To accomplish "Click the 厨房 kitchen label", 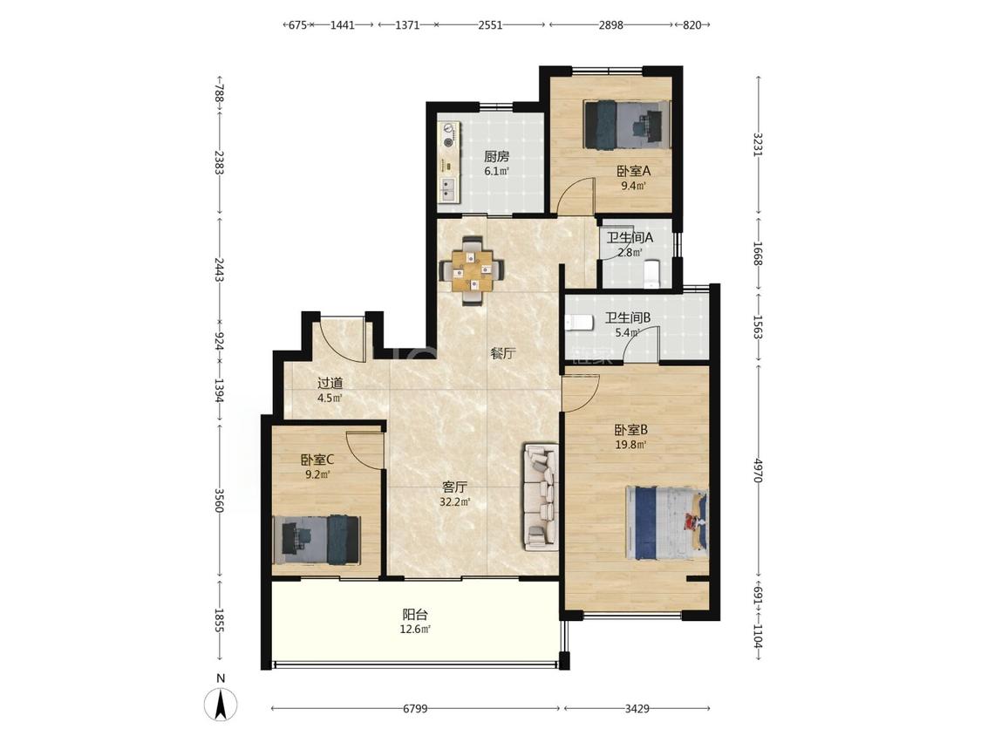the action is point(497,156).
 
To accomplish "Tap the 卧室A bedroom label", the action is point(634,171).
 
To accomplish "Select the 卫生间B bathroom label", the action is point(628,318).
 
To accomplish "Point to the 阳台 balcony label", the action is point(415,615).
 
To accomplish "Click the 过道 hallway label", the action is point(330,383).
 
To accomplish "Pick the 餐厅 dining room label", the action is point(502,353).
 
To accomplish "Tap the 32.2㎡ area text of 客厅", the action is point(455,502).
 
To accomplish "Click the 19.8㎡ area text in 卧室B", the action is point(630,445).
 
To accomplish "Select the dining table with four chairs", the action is point(473,270).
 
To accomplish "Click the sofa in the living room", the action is point(542,498).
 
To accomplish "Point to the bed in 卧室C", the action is point(317,540).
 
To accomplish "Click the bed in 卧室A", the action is point(627,126).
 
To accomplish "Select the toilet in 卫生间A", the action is point(652,273).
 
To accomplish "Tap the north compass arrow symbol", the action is point(221,705).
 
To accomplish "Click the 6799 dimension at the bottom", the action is point(415,708).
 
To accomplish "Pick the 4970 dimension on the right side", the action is point(759,470).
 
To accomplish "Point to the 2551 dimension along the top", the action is point(490,25).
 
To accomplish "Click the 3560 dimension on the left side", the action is point(220,501).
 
